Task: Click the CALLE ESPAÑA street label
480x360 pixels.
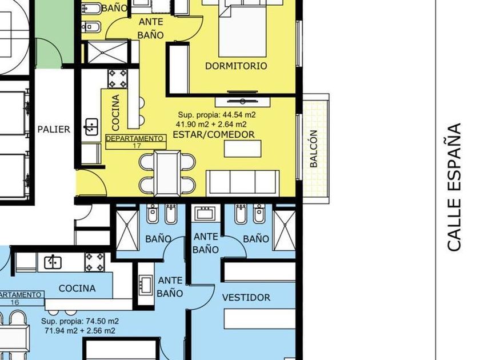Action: click(454, 187)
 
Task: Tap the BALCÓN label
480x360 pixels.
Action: click(314, 149)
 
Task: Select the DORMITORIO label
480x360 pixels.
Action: click(236, 66)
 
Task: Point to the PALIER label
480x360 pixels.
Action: click(54, 129)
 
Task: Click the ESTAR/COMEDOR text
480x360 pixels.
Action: click(214, 134)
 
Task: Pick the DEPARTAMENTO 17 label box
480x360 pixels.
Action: click(136, 142)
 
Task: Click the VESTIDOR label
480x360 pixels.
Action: click(246, 297)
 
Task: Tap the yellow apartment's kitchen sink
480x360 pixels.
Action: click(91, 127)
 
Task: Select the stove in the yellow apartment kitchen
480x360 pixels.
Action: click(117, 78)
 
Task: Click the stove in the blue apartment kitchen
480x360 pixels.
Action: click(94, 262)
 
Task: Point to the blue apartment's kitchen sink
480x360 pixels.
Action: click(53, 262)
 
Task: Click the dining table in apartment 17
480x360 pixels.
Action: click(167, 173)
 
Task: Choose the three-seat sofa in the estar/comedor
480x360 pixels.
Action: click(243, 183)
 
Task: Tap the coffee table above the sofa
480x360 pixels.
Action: click(243, 149)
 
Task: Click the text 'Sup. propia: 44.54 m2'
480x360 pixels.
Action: click(217, 115)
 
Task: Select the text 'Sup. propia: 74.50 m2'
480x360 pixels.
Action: click(80, 321)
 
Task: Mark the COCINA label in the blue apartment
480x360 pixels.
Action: click(77, 288)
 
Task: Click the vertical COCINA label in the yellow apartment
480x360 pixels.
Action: click(115, 112)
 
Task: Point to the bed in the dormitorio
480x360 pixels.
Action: click(242, 29)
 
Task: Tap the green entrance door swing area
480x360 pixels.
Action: click(49, 53)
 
